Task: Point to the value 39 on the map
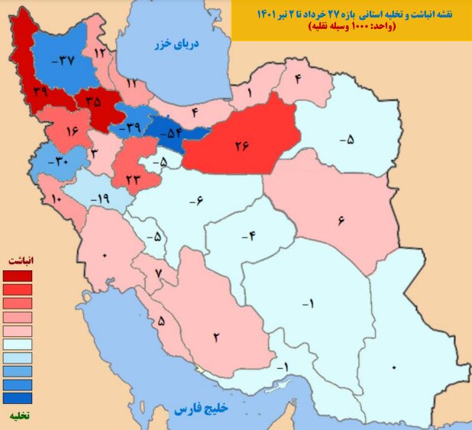(40, 92)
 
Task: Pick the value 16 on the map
(73, 131)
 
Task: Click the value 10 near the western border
(55, 199)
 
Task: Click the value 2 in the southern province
(217, 337)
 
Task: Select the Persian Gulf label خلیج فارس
(201, 409)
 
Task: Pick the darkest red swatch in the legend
(18, 275)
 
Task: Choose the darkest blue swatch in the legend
(18, 398)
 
